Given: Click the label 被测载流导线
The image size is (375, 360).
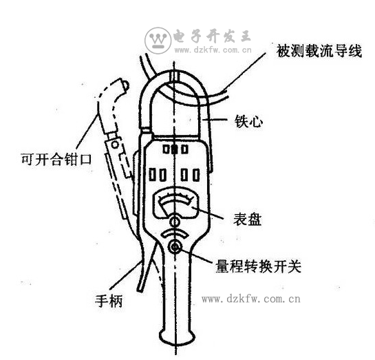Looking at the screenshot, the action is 319,51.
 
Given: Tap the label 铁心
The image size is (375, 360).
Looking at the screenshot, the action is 248,121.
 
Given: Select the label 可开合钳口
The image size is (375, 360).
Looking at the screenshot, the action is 56,159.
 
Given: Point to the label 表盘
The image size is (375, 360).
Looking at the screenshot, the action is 247,219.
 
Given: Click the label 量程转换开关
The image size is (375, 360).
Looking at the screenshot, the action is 258,266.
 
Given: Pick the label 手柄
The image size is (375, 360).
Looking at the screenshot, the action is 109,301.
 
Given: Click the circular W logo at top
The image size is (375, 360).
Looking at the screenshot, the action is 158,40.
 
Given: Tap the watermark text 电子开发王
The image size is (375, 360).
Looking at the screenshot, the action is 212,36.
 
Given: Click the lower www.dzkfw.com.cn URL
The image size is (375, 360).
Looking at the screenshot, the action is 251,299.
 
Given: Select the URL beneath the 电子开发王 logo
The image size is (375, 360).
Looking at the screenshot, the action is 213,50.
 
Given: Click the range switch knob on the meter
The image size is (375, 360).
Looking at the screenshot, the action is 175,247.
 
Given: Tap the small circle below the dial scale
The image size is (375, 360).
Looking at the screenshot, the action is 175,222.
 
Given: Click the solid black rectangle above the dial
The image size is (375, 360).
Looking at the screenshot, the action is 175,149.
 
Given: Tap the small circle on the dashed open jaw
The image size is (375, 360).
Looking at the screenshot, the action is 115,145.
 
